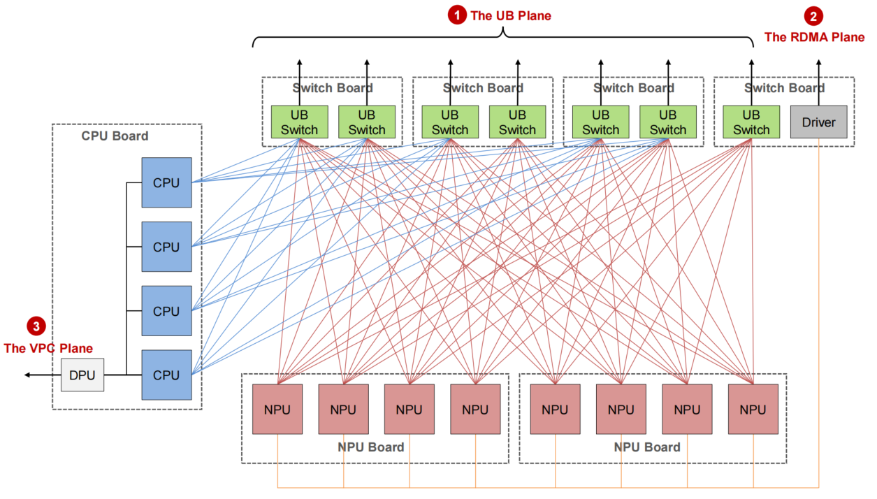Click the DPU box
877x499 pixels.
[x=82, y=375]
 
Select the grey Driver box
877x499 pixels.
[x=818, y=122]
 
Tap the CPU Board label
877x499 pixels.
[x=115, y=136]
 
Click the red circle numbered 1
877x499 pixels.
[x=457, y=15]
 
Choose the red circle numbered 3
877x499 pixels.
[x=36, y=326]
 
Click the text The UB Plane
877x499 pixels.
[x=511, y=15]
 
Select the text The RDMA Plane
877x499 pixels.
[x=814, y=37]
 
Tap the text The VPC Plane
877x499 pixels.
[x=48, y=348]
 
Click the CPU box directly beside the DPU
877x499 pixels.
[x=166, y=375]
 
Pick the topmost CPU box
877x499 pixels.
[x=166, y=183]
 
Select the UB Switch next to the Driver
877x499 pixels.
[x=751, y=122]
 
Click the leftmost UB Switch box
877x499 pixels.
[x=299, y=122]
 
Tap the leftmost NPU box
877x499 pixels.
[x=278, y=410]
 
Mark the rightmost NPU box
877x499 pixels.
[x=753, y=410]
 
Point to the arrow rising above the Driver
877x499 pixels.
[x=818, y=66]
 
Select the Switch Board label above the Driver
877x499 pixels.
[x=784, y=88]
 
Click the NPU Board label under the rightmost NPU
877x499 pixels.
[x=646, y=447]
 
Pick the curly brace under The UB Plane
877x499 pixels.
[x=502, y=38]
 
